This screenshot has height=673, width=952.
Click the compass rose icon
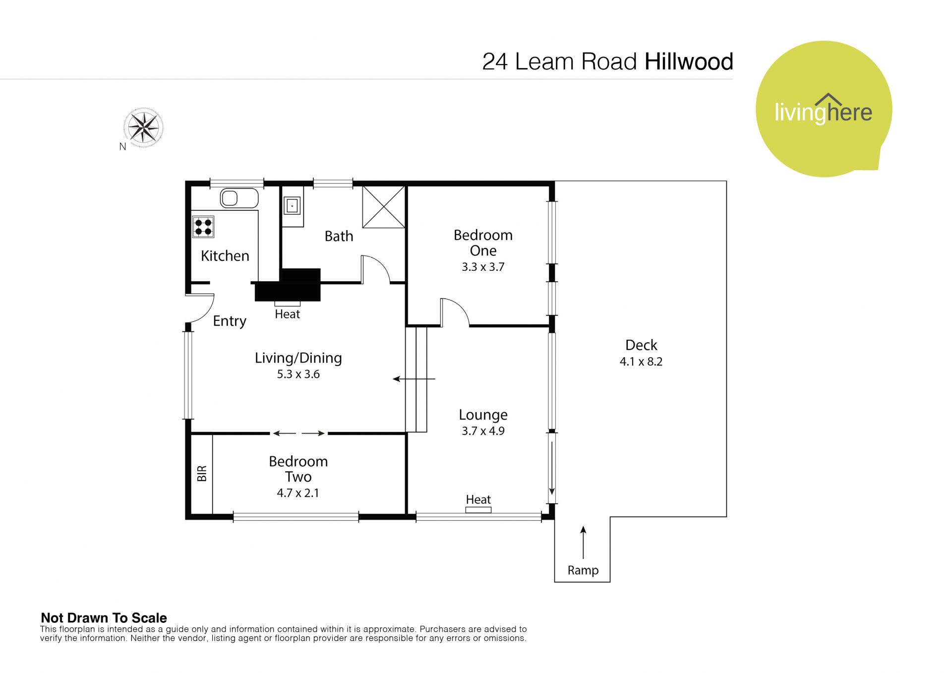point(143,127)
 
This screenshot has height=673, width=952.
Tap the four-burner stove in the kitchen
point(203,227)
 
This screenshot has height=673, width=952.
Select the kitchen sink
point(239,198)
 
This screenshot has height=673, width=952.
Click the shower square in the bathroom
point(384,207)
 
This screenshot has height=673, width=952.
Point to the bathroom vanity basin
point(292,205)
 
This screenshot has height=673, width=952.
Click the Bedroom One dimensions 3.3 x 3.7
point(483,267)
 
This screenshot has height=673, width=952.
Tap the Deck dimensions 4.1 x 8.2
point(641,362)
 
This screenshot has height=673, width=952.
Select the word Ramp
point(583,570)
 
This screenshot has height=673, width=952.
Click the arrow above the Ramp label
point(583,543)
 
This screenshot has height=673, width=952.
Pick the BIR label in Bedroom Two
point(202,474)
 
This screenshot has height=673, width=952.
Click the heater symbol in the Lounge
point(478,510)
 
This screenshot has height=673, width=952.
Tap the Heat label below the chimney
point(288,314)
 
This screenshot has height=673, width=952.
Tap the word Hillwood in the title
point(689,62)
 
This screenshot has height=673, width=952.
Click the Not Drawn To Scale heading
point(104,618)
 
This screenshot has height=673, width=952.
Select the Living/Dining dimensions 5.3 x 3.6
point(298,374)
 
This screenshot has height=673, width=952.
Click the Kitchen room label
point(225,256)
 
